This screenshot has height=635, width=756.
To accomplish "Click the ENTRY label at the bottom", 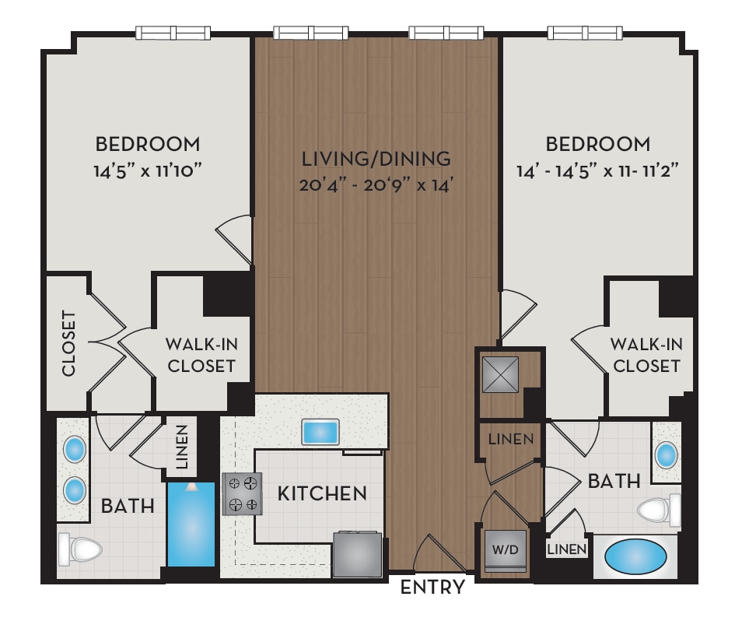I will pyautogui.click(x=432, y=588).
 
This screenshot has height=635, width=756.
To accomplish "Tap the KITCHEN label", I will pyautogui.click(x=322, y=493).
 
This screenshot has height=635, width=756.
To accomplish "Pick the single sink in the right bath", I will pyautogui.click(x=667, y=454).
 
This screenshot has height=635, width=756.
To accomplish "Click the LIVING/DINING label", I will pyautogui.click(x=376, y=159).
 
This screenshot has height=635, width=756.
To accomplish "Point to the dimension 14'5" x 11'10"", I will pyautogui.click(x=148, y=170).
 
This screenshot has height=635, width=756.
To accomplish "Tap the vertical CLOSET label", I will pyautogui.click(x=68, y=344).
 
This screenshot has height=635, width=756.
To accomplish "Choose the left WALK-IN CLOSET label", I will pyautogui.click(x=201, y=355).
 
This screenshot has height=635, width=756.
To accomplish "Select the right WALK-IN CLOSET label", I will pyautogui.click(x=646, y=355).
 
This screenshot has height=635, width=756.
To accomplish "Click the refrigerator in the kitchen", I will pyautogui.click(x=358, y=554).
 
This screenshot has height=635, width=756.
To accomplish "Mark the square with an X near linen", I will pyautogui.click(x=500, y=375).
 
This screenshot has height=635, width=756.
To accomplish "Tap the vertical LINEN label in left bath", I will pyautogui.click(x=182, y=449).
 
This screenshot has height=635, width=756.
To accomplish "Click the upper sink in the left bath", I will pyautogui.click(x=75, y=449).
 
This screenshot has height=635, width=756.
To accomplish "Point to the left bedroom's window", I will pyautogui.click(x=173, y=33).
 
